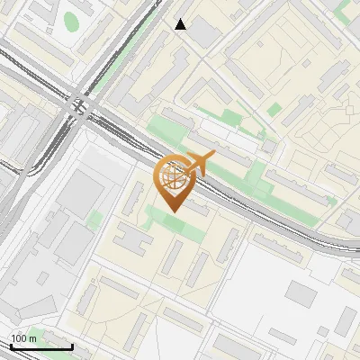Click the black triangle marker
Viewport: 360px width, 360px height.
pyautogui.click(x=181, y=24)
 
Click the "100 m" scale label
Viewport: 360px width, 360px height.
pyautogui.click(x=23, y=338)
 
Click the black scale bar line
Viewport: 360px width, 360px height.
pyautogui.click(x=41, y=346)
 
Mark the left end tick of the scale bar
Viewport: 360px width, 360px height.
pyautogui.click(x=11, y=345)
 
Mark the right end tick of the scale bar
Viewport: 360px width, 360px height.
pyautogui.click(x=72, y=345)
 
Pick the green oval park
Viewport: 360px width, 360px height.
pyautogui.click(x=72, y=21)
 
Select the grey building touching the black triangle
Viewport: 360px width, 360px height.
pyautogui.click(x=202, y=33)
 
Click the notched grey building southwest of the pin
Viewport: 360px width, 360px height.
pyautogui.click(x=132, y=240)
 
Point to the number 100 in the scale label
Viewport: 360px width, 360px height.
pyautogui.click(x=18, y=338)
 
